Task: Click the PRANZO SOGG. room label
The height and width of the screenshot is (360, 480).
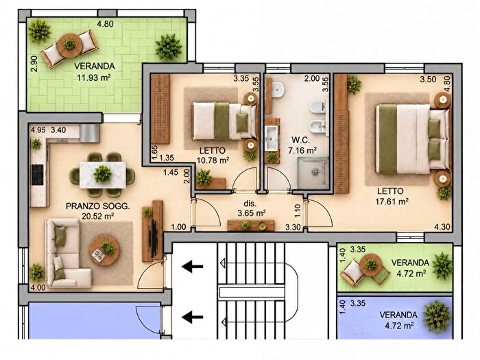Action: tap(97, 206)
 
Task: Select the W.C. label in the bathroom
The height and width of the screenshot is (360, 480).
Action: tap(300, 140)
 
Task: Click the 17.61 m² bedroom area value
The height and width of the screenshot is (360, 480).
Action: tap(392, 202)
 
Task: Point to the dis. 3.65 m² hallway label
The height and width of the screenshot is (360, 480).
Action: tap(252, 208)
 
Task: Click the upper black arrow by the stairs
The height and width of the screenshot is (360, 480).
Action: tap(193, 267)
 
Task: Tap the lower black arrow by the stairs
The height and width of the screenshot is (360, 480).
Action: tap(193, 317)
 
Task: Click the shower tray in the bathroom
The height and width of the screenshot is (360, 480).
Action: tap(313, 173)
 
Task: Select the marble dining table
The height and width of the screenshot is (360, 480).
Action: tap(103, 175)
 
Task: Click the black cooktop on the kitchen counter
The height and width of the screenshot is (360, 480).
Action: tap(37, 175)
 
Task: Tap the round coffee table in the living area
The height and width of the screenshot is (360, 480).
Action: tap(104, 250)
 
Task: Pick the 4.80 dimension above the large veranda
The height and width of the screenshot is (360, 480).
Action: tap(106, 24)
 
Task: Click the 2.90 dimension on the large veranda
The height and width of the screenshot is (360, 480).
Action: tap(34, 63)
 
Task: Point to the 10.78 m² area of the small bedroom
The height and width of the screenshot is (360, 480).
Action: tap(213, 160)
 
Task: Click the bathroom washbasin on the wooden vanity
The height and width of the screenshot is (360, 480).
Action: tap(271, 139)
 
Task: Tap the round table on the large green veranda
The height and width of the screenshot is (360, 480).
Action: tap(69, 45)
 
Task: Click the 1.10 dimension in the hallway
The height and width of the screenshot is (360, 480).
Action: tap(298, 211)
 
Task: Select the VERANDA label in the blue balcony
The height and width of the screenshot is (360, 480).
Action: tap(398, 315)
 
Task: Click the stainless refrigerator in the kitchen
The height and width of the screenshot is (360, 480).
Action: tap(89, 133)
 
